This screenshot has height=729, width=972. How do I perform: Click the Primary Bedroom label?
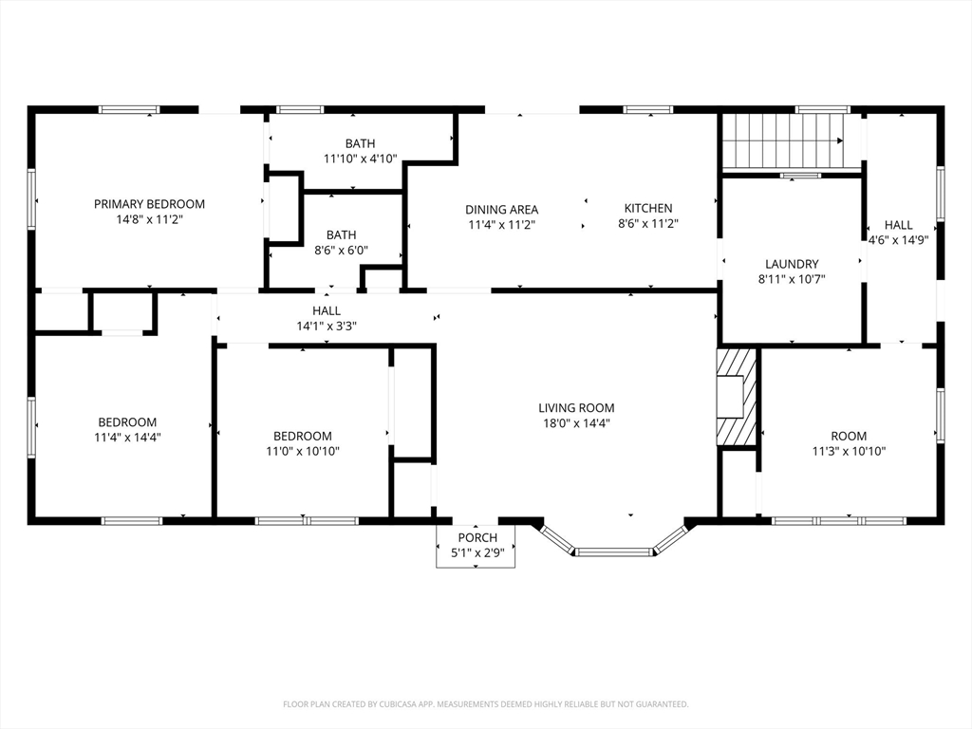(x=149, y=204)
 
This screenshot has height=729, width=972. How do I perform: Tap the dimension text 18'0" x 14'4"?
(x=576, y=423)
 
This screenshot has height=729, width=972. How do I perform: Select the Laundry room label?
(x=792, y=264)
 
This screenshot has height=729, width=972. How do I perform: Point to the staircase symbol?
(x=783, y=141)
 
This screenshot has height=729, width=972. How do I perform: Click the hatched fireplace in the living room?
(x=737, y=397)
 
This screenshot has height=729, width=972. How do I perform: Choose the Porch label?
(x=477, y=537)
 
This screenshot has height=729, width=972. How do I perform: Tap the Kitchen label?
(x=648, y=208)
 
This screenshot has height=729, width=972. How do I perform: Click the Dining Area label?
(x=502, y=210)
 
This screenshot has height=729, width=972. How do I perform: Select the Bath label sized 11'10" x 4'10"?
(x=360, y=144)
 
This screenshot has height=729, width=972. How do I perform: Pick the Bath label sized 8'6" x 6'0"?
(x=342, y=235)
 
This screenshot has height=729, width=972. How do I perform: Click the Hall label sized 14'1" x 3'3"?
(x=327, y=310)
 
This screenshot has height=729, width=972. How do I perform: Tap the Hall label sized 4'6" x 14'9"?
(x=898, y=225)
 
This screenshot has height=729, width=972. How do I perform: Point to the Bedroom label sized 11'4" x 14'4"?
(x=128, y=422)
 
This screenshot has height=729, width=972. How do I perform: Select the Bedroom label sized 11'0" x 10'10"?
(x=303, y=436)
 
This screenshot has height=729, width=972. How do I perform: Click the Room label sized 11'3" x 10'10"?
(x=849, y=436)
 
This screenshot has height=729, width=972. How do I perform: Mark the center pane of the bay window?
(x=614, y=551)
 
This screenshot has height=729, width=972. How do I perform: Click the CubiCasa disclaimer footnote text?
(x=486, y=704)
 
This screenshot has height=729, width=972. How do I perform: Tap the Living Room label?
(x=576, y=408)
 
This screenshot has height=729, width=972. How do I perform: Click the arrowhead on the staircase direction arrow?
(x=840, y=140)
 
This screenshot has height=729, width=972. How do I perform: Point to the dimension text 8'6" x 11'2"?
(x=648, y=223)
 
